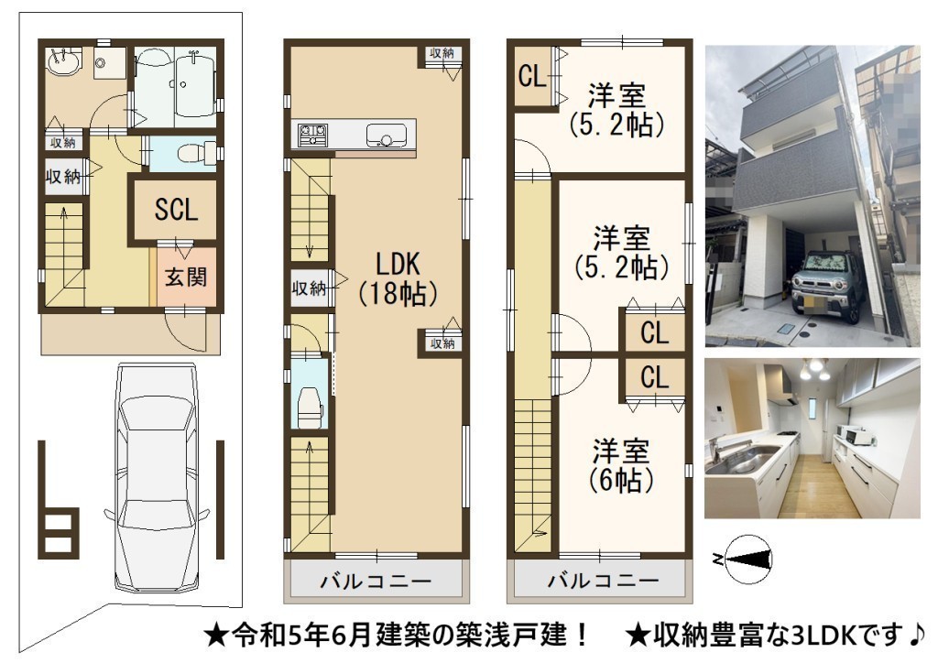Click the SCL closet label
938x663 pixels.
(176, 210)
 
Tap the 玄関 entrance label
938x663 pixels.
(186, 277)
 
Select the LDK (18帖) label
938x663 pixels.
(398, 278)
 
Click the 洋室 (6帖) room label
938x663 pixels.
(620, 465)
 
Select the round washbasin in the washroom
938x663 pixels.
(63, 61)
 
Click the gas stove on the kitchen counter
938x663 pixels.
(313, 136)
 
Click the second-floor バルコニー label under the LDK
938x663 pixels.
(375, 581)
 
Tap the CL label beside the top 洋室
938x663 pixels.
(532, 76)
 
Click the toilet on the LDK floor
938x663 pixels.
(310, 406)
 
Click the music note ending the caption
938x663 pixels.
(916, 635)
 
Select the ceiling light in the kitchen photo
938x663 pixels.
(815, 369)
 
